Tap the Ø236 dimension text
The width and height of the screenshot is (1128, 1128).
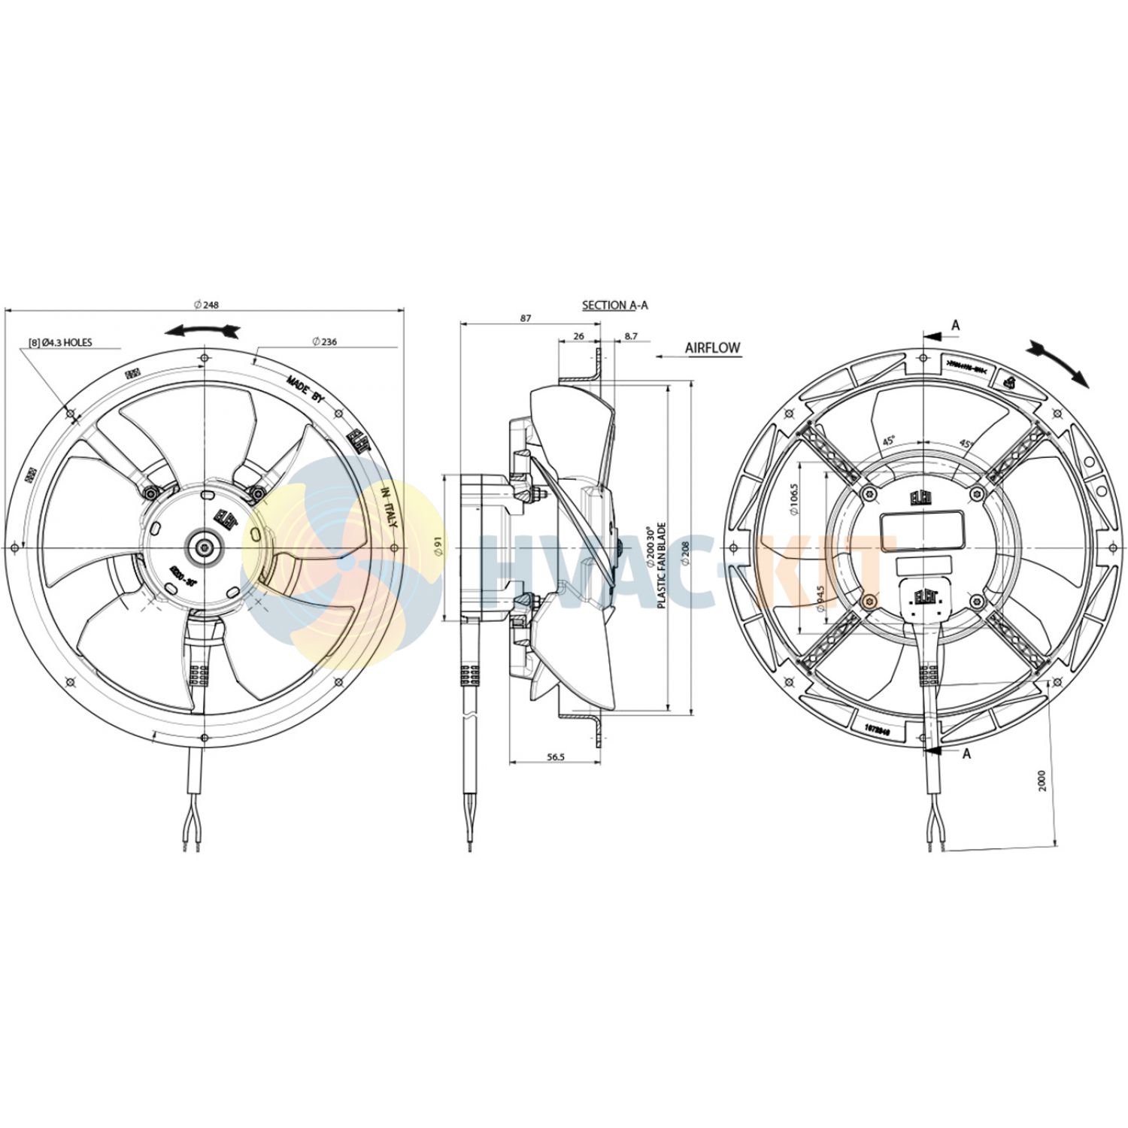(325, 341)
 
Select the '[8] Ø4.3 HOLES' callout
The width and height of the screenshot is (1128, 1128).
(60, 342)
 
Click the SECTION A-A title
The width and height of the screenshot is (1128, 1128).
(614, 305)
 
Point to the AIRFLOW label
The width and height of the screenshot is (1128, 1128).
(712, 348)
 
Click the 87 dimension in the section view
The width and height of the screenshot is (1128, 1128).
(526, 318)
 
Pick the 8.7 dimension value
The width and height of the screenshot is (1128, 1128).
(630, 336)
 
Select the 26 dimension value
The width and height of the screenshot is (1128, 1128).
(578, 336)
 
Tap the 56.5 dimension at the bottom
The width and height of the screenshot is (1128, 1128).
(555, 757)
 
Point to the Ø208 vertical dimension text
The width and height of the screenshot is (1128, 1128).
(685, 552)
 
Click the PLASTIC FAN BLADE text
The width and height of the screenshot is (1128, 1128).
(662, 566)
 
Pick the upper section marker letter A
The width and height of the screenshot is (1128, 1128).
(956, 326)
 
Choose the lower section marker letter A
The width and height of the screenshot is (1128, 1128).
(966, 754)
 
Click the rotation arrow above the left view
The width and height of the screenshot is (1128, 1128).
(202, 330)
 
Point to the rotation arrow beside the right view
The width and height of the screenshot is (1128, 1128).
(1059, 362)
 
